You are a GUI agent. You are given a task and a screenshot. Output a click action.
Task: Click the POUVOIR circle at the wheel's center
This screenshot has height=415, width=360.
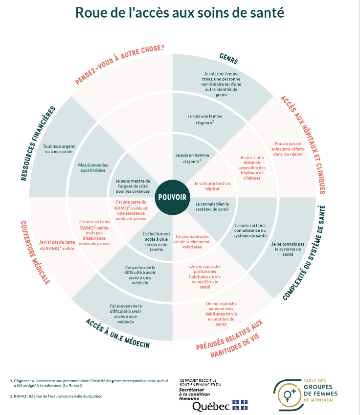point(172,197)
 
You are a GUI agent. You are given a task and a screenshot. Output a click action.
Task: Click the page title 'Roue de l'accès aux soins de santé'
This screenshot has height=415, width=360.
point(180,13)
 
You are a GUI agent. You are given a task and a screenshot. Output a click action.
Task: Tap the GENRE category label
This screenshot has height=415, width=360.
point(228,59)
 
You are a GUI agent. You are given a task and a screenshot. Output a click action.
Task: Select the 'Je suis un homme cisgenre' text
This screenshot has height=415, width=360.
point(189,158)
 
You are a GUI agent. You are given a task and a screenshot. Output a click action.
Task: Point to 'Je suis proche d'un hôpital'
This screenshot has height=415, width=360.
point(205,186)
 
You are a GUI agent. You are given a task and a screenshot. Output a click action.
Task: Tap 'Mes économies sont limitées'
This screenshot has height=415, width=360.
point(93,168)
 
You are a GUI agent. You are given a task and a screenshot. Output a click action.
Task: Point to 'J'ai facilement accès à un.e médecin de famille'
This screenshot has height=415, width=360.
point(156,241)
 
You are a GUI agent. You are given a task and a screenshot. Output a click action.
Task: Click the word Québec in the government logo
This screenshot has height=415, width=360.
point(211,406)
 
